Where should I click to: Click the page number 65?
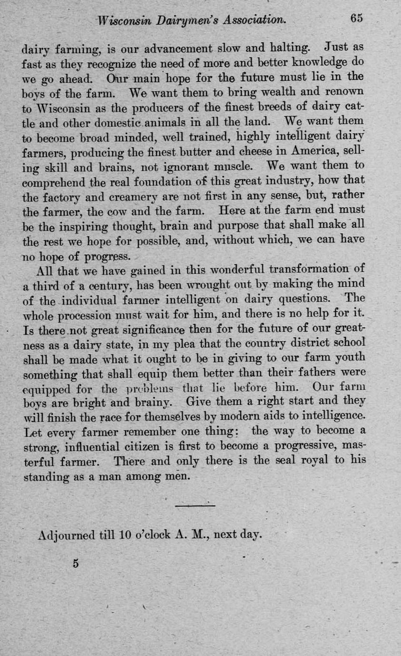[x=357, y=19]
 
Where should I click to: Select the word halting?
[x=288, y=48]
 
